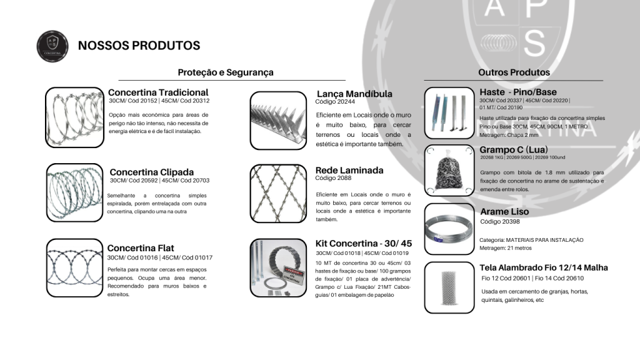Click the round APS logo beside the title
[53, 46]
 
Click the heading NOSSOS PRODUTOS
[139, 46]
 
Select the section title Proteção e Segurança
[226, 72]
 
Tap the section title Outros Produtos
[514, 72]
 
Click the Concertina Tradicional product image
[74, 117]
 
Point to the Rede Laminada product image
[277, 191]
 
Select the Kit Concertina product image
[277, 266]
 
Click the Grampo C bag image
[449, 171]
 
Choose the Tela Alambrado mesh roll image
[449, 287]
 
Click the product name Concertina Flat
[141, 248]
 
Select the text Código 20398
[500, 221]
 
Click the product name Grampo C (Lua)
[518, 150]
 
